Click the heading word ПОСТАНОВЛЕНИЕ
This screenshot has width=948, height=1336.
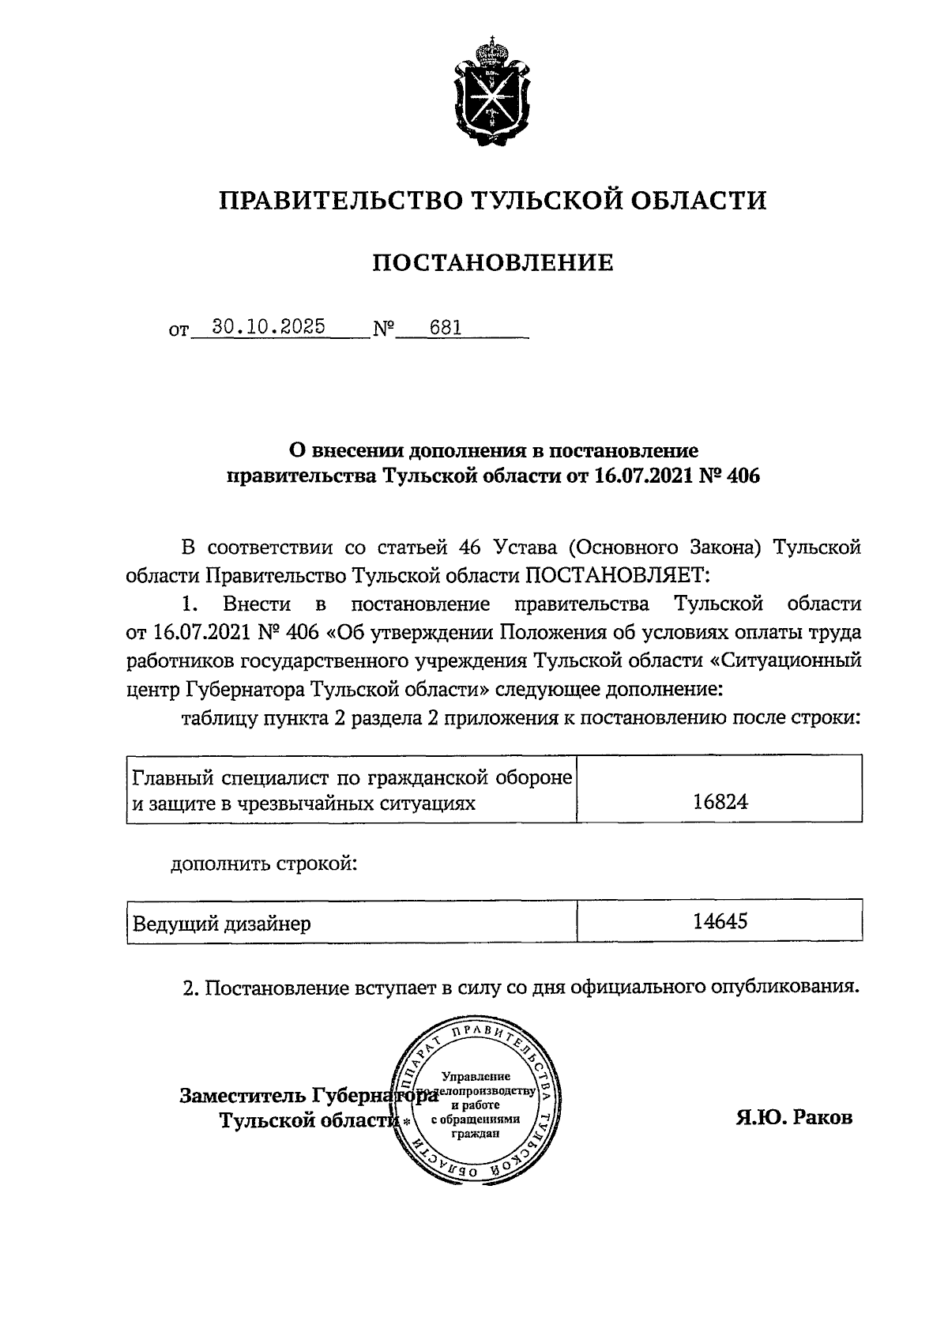pyautogui.click(x=493, y=262)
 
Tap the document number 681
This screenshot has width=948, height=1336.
pyautogui.click(x=445, y=327)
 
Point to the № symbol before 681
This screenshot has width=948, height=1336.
pyautogui.click(x=384, y=328)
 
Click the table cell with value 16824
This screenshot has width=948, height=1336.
pyautogui.click(x=720, y=802)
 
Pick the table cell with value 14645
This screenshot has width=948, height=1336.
pyautogui.click(x=720, y=921)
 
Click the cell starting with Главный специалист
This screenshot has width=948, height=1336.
pyautogui.click(x=351, y=790)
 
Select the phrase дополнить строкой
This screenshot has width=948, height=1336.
pyautogui.click(x=265, y=864)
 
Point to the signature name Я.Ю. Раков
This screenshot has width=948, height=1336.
pyautogui.click(x=794, y=1118)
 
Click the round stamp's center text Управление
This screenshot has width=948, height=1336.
pyautogui.click(x=476, y=1076)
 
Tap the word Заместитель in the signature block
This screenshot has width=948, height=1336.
pyautogui.click(x=242, y=1096)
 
